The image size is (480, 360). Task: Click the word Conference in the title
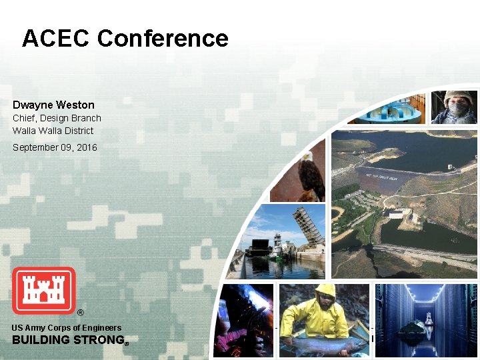tap(163, 39)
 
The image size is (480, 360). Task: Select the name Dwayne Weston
tap(53, 105)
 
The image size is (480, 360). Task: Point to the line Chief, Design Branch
tap(57, 118)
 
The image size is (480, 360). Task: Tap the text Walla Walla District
tap(53, 131)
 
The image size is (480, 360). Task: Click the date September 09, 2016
tap(55, 147)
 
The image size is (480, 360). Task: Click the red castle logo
tap(44, 291)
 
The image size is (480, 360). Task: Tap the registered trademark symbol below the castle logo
tap(81, 313)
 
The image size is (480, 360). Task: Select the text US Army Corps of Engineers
tap(67, 327)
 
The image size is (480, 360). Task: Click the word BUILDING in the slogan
tap(41, 340)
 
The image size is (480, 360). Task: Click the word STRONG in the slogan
tap(99, 340)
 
